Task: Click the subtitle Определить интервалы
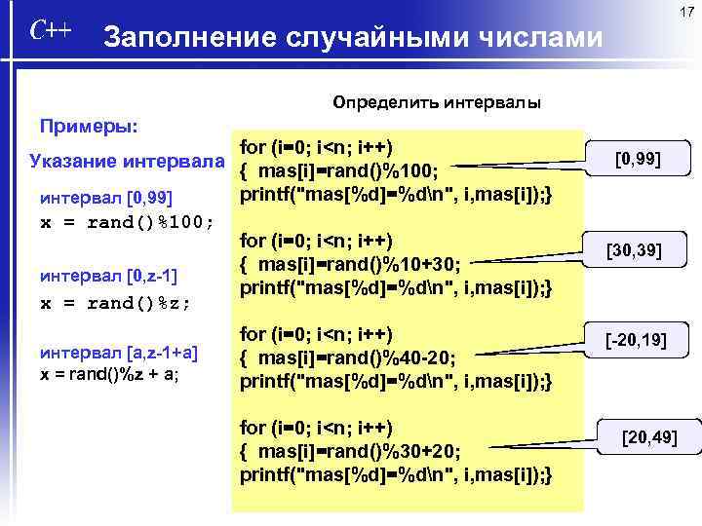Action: [436, 101]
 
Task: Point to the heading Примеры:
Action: [87, 127]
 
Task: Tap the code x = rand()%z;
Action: [115, 302]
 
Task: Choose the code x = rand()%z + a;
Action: [108, 374]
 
